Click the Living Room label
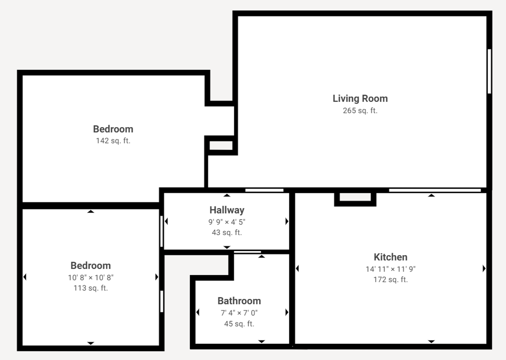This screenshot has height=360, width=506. click(360, 98)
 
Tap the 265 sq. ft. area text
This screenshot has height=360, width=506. click(360, 111)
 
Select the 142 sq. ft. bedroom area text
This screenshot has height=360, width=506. click(113, 141)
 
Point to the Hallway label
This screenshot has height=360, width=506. click(227, 210)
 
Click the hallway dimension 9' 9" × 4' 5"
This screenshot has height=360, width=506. click(227, 222)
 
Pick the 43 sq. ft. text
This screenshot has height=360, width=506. click(227, 233)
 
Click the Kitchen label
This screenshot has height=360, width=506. click(391, 257)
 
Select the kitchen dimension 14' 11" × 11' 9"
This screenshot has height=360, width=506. click(391, 269)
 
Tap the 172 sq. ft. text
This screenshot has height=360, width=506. click(391, 280)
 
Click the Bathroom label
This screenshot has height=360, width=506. click(239, 301)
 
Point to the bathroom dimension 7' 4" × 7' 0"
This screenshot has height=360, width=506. click(239, 313)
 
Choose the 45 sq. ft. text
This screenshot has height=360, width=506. click(239, 324)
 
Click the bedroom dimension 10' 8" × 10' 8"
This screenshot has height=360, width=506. click(91, 277)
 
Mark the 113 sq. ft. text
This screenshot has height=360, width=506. click(91, 288)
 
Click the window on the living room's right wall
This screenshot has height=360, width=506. click(489, 71)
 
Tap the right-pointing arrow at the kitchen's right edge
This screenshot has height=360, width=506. click(484, 269)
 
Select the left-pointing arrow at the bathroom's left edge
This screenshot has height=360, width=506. click(198, 313)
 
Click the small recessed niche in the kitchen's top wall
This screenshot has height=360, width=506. click(355, 197)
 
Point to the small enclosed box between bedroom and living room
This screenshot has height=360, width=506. click(221, 145)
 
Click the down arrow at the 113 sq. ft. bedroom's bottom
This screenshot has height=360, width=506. click(91, 343)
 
